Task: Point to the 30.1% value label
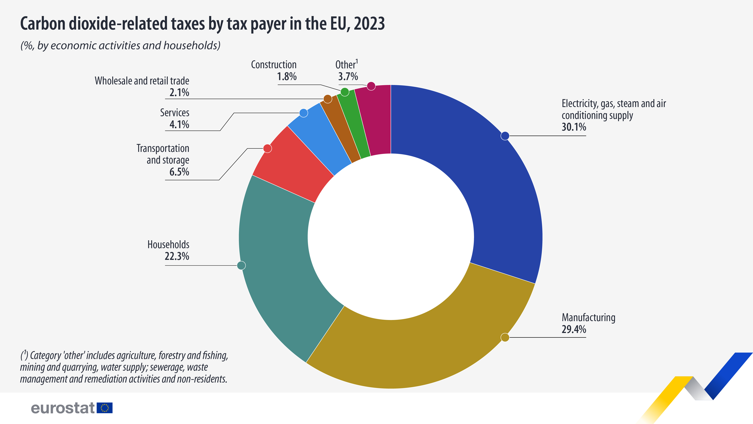point(574,127)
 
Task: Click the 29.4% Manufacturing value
point(574,329)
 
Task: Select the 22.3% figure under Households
point(177,256)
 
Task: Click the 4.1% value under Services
point(179,125)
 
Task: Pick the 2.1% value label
point(179,93)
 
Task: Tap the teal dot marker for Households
point(241,265)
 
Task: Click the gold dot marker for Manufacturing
point(505,337)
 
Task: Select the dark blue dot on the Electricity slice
point(505,136)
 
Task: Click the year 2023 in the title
point(369,24)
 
